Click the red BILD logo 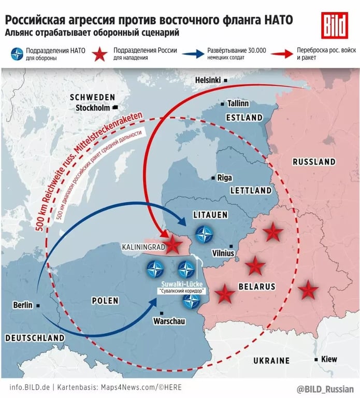334,25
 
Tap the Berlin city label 23,305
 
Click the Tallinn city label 238,104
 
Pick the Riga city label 224,178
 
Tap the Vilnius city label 224,253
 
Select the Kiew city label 329,359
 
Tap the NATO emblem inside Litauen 207,234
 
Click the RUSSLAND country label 314,162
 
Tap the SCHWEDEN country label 93,97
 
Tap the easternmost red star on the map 309,291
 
